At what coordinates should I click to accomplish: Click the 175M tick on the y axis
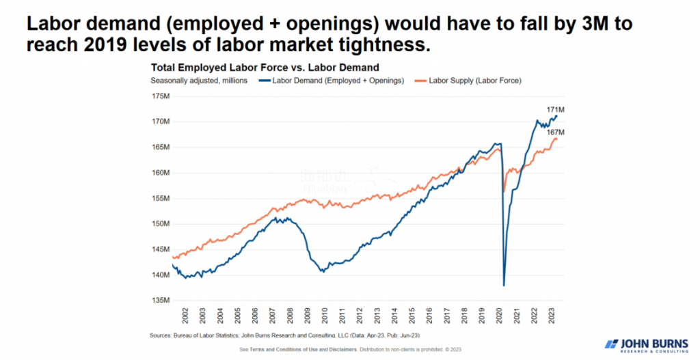tap(159, 96)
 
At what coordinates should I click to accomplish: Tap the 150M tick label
tap(159, 223)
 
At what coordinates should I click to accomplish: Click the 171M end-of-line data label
tap(555, 109)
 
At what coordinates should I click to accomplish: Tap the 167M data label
tap(555, 132)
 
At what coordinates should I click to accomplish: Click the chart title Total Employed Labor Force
tap(265, 68)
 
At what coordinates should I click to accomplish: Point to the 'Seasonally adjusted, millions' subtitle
tap(194, 81)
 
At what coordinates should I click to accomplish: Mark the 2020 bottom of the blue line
tap(504, 285)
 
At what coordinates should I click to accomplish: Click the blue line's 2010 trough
tap(323, 271)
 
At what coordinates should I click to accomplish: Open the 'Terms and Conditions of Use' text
tap(293, 349)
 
